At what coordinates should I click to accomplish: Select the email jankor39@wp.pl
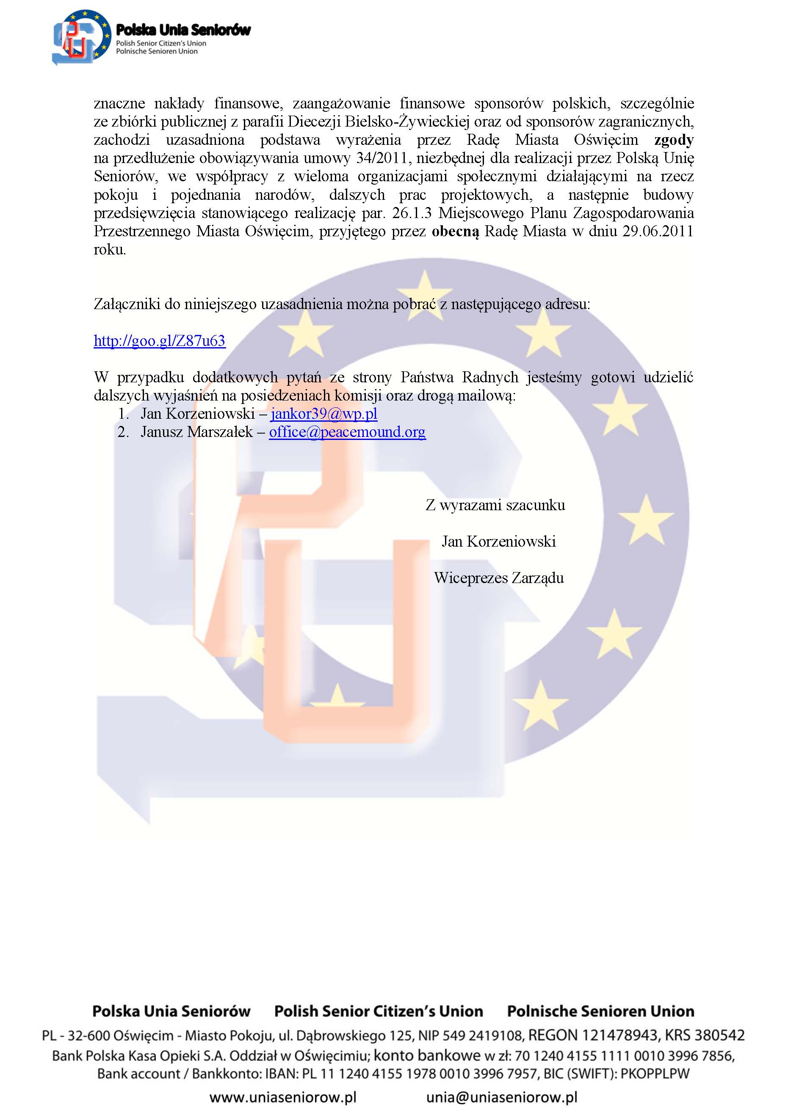tap(323, 413)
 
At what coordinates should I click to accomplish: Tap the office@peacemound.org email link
tap(347, 432)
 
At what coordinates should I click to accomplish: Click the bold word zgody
tap(674, 140)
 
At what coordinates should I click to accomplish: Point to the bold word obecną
tap(455, 232)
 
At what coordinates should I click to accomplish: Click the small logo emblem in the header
tap(80, 38)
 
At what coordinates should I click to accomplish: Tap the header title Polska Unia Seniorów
tap(183, 30)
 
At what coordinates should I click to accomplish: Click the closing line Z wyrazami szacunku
tap(495, 505)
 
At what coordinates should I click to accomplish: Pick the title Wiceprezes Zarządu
tap(499, 578)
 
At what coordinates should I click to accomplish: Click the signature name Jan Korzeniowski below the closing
tap(499, 542)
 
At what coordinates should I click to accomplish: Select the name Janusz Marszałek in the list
tap(196, 432)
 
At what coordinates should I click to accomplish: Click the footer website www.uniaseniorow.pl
tap(283, 1097)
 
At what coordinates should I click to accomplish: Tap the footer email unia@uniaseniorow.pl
tap(502, 1097)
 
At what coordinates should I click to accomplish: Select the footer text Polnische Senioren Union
tap(600, 1011)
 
